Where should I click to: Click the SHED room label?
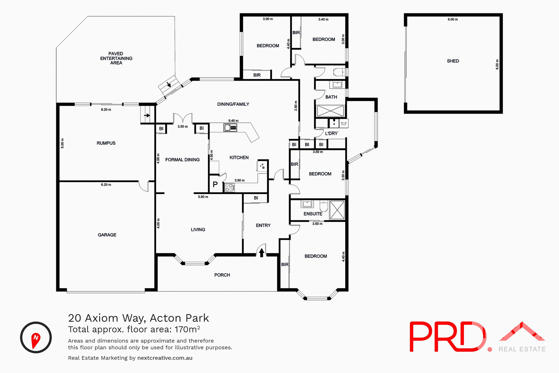click(x=453, y=61)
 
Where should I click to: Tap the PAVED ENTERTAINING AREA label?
click(x=116, y=58)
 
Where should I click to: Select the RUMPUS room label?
click(x=106, y=143)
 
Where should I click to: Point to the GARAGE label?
click(x=107, y=235)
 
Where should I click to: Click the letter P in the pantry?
click(x=215, y=184)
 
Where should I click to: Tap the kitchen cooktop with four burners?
click(x=229, y=187)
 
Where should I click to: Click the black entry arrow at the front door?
click(x=261, y=252)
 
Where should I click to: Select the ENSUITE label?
click(x=313, y=214)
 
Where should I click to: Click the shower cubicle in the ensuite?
click(x=337, y=210)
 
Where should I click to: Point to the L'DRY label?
click(x=331, y=133)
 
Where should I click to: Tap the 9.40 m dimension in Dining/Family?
click(x=233, y=121)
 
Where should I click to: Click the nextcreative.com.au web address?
click(x=165, y=358)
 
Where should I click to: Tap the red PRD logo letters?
click(x=447, y=337)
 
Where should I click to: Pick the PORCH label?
click(x=222, y=275)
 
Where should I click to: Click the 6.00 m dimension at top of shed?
click(x=453, y=20)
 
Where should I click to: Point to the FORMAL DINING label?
click(x=182, y=160)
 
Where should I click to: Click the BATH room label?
click(x=331, y=97)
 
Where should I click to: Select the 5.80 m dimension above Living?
click(x=203, y=197)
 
